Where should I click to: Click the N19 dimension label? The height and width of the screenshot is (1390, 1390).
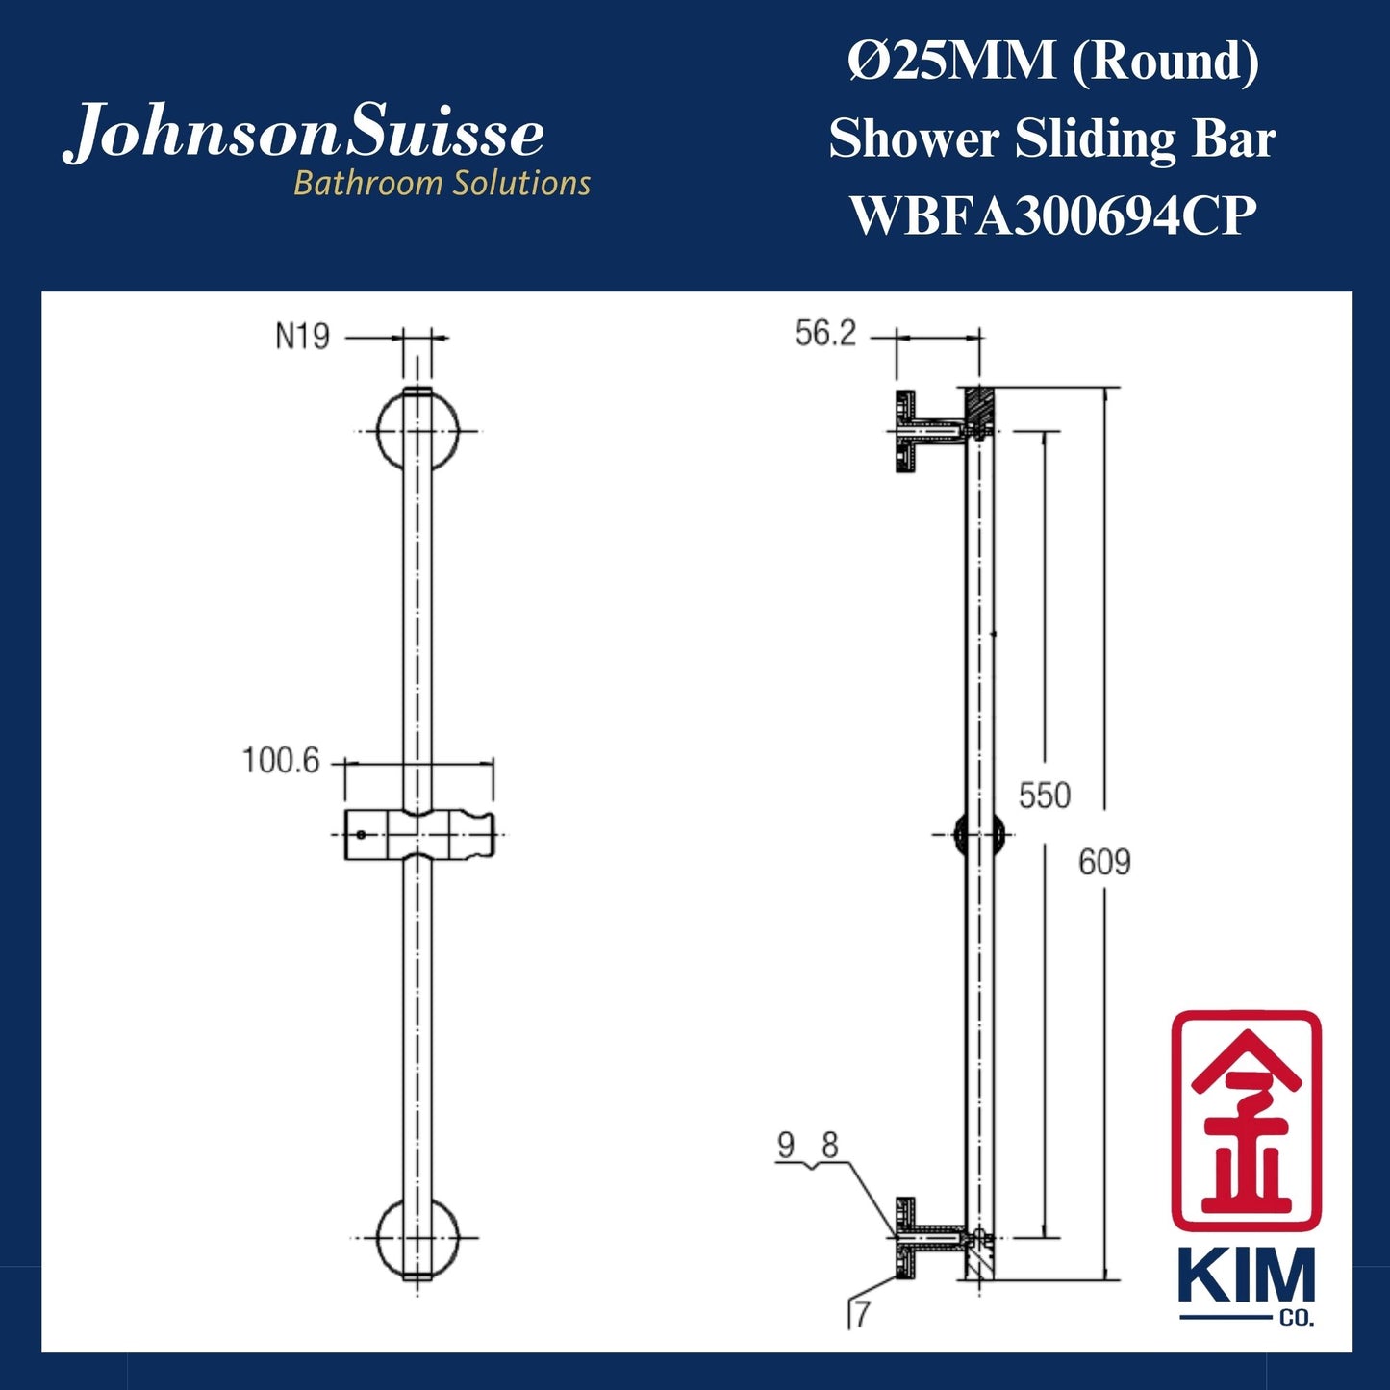302,337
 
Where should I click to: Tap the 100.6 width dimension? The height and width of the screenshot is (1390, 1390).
280,761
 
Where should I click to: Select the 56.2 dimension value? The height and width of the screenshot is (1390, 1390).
825,334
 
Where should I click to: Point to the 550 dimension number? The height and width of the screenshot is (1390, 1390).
1044,796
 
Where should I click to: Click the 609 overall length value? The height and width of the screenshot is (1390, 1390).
1104,862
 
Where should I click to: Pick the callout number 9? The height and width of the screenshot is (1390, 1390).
786,1145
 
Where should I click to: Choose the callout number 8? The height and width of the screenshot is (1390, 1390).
829,1145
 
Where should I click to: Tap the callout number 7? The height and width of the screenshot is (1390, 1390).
861,1314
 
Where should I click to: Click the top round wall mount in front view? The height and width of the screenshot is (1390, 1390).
417,430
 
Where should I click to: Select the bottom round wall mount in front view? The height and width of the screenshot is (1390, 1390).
417,1238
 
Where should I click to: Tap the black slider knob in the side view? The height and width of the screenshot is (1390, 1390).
978,834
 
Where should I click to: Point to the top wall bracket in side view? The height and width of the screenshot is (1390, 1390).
928,431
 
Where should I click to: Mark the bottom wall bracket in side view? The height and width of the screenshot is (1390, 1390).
928,1238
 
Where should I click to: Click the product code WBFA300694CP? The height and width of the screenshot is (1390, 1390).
1053,215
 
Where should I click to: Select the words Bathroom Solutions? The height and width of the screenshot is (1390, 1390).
442,183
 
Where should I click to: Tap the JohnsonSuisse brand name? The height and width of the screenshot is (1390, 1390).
304,133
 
